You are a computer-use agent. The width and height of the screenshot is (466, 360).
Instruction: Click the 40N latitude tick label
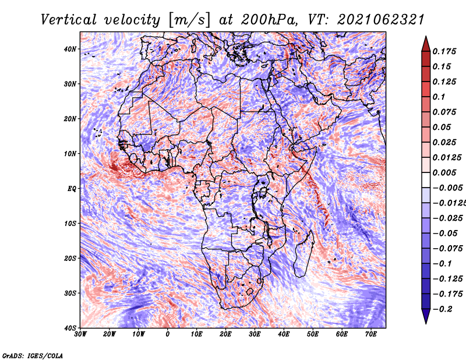pos(70,49)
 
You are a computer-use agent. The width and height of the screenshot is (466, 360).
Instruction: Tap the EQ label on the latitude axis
pos(72,189)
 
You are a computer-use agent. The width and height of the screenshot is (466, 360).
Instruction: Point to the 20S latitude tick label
pos(70,258)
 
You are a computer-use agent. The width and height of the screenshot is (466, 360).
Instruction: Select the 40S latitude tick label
pos(70,328)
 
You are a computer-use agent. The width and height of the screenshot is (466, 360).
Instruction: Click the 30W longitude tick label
pos(80,334)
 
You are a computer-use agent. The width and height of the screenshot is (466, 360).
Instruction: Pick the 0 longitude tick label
pos(168,334)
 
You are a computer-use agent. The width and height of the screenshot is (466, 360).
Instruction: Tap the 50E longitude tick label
pos(313,334)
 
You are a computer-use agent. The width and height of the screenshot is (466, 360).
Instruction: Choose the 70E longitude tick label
pos(371,334)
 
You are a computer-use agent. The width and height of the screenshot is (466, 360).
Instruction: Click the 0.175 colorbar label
pos(444,51)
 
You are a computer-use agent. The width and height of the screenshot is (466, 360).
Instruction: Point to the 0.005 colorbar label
pos(444,172)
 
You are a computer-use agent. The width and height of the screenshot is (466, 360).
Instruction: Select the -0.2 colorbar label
pos(442,309)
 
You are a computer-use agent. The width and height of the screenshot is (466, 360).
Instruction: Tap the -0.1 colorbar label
pos(442,263)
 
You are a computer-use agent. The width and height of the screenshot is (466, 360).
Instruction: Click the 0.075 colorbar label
pos(444,112)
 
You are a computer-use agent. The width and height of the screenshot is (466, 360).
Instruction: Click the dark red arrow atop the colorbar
pos(426,44)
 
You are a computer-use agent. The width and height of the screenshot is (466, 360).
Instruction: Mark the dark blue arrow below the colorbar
pos(426,316)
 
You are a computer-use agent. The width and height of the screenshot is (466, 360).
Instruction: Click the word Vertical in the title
pos(69,20)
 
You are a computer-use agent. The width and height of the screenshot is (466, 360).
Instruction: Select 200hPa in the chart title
pos(269,20)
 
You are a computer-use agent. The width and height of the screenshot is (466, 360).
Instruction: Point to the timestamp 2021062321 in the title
pos(381,20)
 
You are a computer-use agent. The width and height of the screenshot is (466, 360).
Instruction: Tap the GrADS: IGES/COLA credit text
pos(33,355)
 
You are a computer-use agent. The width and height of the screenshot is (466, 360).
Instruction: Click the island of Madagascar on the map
pos(303,253)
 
